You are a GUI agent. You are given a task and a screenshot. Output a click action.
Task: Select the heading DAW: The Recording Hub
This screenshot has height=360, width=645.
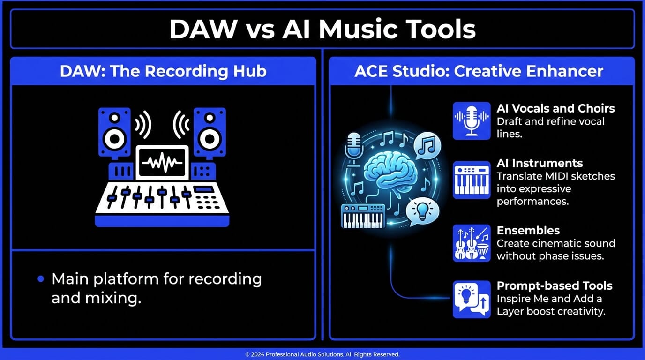coord(163,71)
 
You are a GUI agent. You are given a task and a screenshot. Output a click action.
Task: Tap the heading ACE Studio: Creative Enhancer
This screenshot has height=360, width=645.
coord(479,71)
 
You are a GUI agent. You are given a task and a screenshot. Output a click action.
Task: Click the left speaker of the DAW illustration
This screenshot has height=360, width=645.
coord(114,133)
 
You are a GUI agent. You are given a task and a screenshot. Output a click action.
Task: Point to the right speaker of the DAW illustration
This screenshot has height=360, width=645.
coord(210,133)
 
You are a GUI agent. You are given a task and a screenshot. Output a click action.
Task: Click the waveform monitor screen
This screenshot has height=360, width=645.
coord(162,162)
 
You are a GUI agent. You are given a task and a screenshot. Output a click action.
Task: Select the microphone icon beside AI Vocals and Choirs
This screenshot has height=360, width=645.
coord(471,121)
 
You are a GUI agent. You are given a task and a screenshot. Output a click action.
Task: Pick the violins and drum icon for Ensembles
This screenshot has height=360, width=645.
coord(471,243)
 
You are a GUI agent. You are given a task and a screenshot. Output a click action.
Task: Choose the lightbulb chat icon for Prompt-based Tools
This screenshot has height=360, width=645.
coord(471,299)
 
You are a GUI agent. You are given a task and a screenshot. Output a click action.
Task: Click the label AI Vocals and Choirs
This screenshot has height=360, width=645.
coord(555,108)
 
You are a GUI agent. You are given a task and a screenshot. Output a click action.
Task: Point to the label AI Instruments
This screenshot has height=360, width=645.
coord(540,163)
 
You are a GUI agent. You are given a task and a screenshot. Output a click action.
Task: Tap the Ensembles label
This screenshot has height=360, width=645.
coord(528,230)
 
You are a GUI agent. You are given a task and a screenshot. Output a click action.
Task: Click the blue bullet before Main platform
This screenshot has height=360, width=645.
coord(41,279)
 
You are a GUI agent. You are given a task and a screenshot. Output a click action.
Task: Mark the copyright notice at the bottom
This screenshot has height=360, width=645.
coord(322,354)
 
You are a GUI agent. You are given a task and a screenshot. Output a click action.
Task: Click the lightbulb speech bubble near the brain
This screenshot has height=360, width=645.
coord(422,210)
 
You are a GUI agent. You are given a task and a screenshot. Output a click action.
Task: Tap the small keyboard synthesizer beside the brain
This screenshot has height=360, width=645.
coord(363,216)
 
